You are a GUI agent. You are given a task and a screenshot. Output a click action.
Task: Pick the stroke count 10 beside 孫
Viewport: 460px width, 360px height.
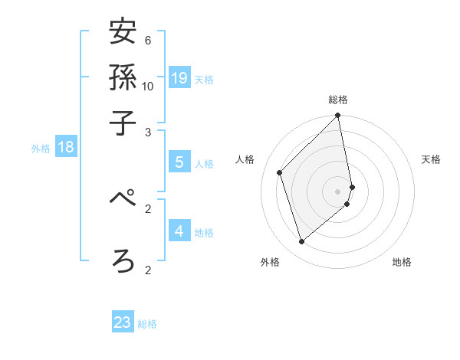point(148,86)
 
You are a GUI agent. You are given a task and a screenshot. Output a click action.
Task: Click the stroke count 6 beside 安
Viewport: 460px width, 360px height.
point(148,41)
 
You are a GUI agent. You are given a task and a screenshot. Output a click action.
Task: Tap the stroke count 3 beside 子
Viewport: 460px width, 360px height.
point(148,132)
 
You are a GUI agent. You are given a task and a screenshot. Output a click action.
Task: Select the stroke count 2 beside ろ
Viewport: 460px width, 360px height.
point(148,269)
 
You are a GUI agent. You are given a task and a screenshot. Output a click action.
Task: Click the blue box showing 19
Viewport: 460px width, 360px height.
point(179,77)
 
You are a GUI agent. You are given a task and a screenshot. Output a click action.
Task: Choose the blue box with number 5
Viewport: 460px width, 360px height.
point(179,162)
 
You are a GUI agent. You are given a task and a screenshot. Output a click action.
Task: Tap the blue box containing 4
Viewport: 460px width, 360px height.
point(179,231)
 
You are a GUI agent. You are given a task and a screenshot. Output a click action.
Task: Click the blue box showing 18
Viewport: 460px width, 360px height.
point(66,147)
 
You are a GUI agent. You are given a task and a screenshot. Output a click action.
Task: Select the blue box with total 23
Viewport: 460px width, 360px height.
point(123,322)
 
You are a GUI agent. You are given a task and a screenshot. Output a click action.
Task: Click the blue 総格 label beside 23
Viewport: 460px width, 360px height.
point(147,324)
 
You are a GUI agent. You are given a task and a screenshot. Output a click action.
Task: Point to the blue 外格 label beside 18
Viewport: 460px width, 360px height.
point(41,149)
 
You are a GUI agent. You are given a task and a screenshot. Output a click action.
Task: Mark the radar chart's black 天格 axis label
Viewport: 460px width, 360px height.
point(431,159)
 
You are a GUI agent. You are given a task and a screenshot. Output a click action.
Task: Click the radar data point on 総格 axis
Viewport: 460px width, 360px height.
point(338,116)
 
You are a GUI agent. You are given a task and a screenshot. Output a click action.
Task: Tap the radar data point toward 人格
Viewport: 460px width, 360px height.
point(280,172)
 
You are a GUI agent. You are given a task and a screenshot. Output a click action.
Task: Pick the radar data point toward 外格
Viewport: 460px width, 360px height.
point(301,242)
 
